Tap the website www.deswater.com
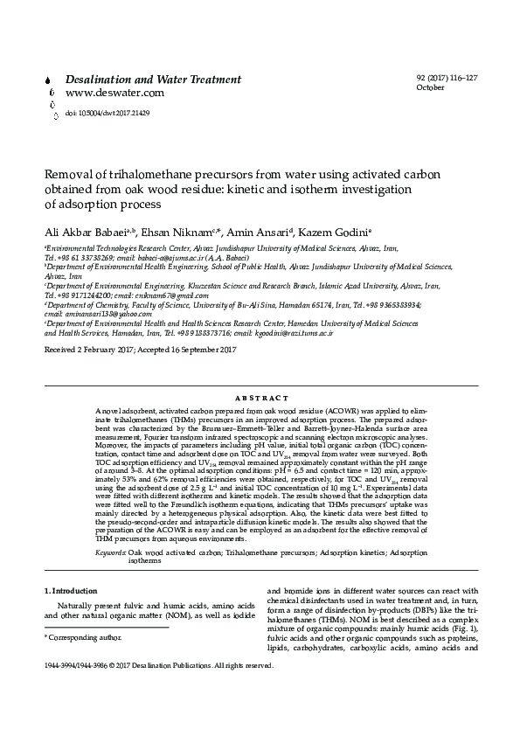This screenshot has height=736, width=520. tap(114, 93)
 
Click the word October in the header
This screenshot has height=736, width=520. tap(431, 88)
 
